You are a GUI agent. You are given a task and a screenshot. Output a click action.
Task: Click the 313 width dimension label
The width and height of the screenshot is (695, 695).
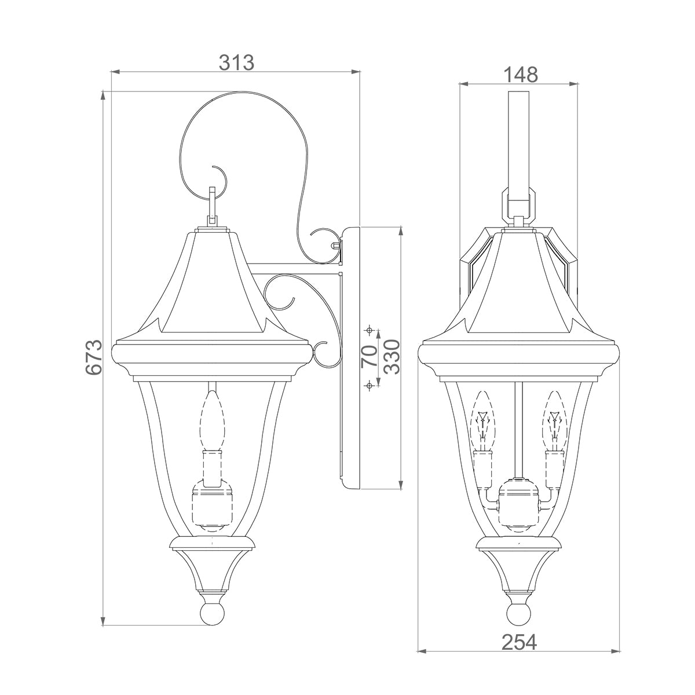click(x=236, y=62)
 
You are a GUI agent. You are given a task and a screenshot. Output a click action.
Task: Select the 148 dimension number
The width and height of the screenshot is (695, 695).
click(x=520, y=74)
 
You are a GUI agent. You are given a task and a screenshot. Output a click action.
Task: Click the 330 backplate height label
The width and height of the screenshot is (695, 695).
click(x=392, y=357)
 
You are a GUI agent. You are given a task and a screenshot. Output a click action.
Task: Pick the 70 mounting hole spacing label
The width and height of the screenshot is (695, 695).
click(x=368, y=357)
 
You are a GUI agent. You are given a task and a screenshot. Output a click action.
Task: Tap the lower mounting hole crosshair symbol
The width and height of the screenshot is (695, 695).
click(x=368, y=385)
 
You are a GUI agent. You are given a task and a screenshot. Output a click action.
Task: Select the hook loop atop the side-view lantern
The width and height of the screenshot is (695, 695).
click(x=213, y=206)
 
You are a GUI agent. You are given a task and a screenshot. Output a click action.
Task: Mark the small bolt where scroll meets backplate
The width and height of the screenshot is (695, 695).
click(x=335, y=246)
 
